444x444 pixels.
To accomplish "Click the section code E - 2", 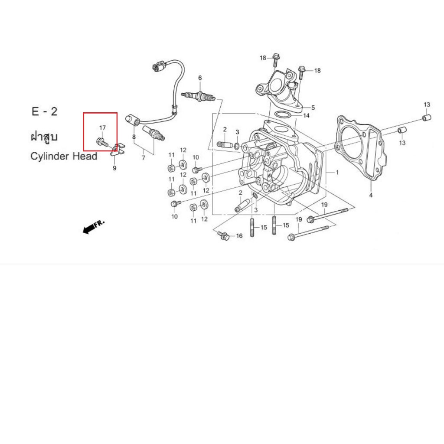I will (44, 111).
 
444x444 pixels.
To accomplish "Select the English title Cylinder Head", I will (64, 156).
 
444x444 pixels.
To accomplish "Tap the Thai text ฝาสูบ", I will (44, 137).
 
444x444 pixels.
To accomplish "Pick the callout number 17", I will (102, 128).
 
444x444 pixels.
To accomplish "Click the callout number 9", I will (114, 168).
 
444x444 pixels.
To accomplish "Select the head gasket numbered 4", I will (361, 147).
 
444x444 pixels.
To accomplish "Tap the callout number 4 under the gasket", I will (371, 196).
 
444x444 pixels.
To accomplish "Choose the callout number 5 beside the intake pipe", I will (313, 108).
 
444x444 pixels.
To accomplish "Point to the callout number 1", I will (337, 172).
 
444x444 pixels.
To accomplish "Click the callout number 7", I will (143, 158).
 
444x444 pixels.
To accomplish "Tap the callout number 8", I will (134, 137).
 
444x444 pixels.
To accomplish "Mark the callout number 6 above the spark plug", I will (200, 78).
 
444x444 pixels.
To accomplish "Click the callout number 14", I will (307, 116).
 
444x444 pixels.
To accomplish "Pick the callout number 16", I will (239, 236).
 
